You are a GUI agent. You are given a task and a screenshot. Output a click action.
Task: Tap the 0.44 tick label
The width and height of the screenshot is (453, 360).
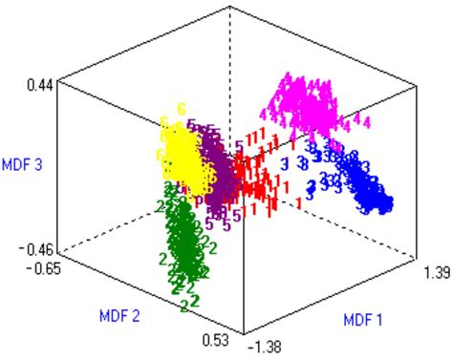38,84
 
